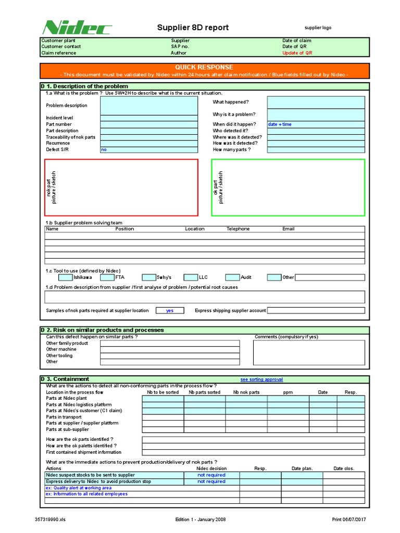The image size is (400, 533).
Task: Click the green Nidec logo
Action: coord(71,27)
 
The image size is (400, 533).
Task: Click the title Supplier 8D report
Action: coord(193,28)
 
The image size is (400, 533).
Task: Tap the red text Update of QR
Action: coord(297,53)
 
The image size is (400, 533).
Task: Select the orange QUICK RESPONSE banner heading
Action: coord(204,67)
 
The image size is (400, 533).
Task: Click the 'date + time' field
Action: coord(316,124)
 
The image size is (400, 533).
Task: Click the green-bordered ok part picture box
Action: coord(288,187)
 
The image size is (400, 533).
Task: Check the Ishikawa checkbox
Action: coord(65,277)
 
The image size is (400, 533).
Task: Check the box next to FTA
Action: coord(107,277)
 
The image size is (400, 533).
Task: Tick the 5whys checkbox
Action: coord(148,277)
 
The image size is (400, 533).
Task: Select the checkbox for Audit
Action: coord(232,277)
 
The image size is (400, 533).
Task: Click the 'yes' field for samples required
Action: coord(170,310)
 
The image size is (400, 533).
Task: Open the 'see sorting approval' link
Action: coord(261,379)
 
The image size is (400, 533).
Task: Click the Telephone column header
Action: coord(238,229)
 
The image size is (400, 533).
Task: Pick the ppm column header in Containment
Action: coord(287,392)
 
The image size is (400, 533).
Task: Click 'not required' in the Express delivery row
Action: coord(211,481)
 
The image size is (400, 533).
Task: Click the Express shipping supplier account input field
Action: coord(316,310)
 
